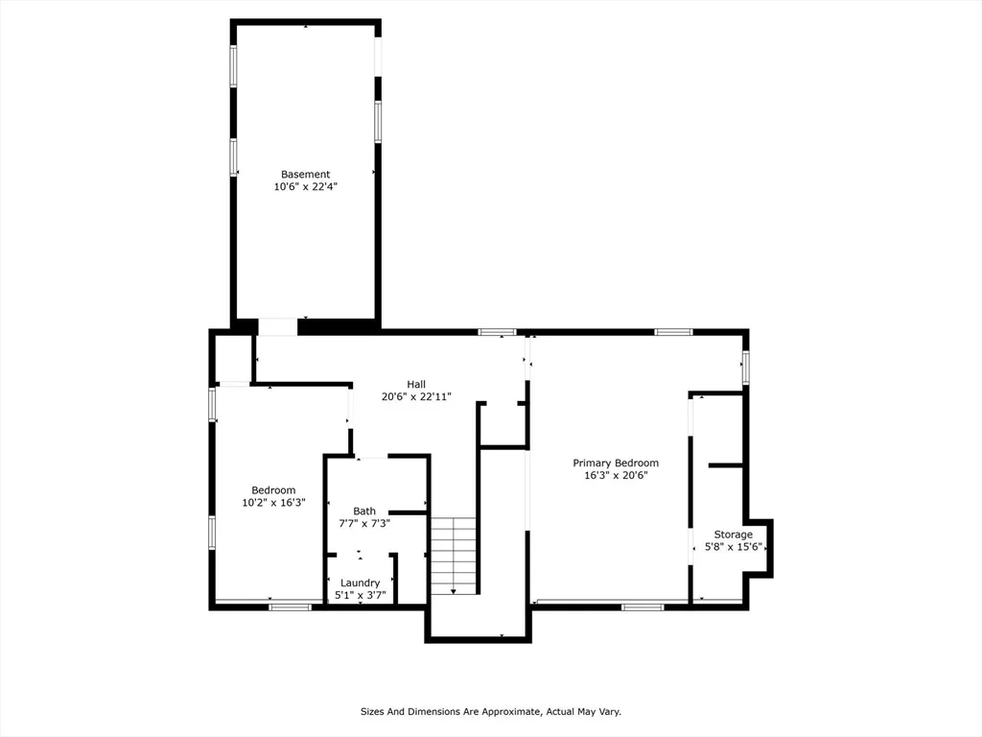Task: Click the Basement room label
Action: coord(305,175)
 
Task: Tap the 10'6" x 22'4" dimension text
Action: coord(306,187)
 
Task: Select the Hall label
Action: coord(416,384)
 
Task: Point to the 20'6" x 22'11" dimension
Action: coord(416,396)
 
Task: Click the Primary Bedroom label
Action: coord(616,464)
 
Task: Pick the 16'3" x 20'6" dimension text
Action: coord(616,476)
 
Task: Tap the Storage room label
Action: coord(734,535)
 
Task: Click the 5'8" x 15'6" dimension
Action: coord(734,547)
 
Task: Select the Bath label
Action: coord(364,511)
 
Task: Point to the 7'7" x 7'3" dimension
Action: coord(364,523)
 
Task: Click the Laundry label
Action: coord(361,582)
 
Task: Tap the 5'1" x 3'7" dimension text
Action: coord(361,595)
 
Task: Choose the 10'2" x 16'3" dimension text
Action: coord(273,503)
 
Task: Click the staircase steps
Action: coord(454,556)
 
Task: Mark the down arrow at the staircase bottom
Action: coord(454,591)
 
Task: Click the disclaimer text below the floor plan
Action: coord(491,712)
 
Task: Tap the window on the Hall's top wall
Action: coord(498,332)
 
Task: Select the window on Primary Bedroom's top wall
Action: coord(674,332)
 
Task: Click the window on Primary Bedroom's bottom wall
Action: coord(643,606)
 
